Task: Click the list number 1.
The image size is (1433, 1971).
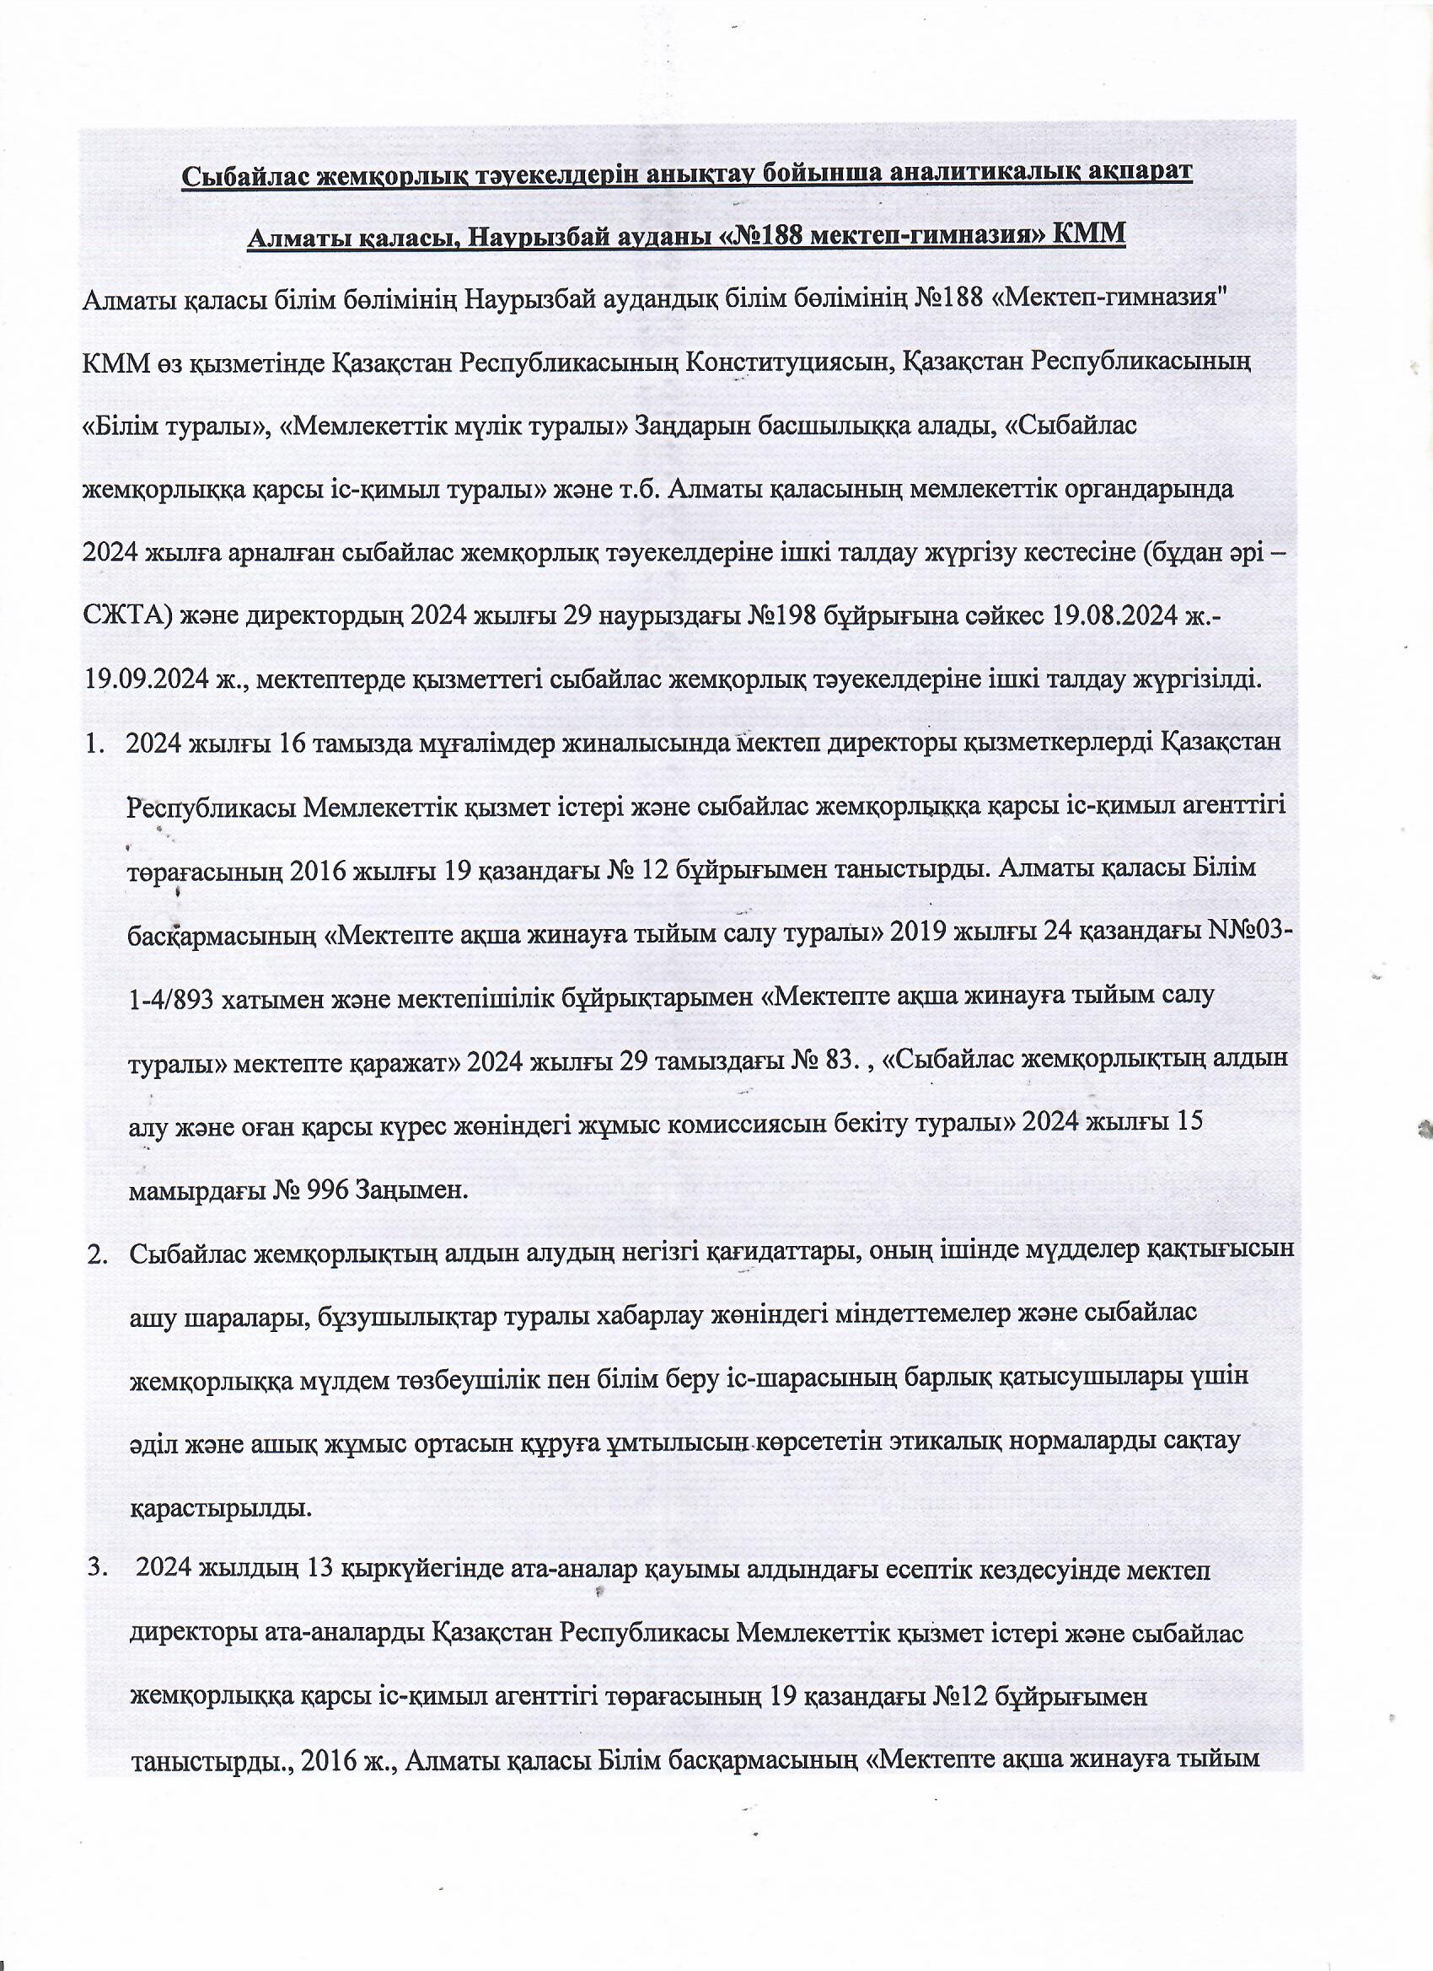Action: click(93, 744)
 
